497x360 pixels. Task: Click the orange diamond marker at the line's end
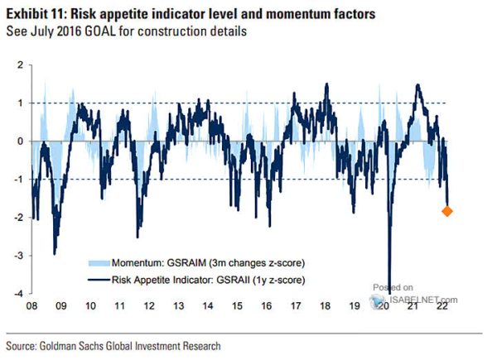pyautogui.click(x=447, y=212)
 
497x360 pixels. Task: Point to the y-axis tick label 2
pyautogui.click(x=21, y=65)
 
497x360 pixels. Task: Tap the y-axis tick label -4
pyautogui.click(x=19, y=294)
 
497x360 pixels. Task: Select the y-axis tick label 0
pyautogui.click(x=21, y=142)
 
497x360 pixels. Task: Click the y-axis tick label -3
pyautogui.click(x=19, y=256)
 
